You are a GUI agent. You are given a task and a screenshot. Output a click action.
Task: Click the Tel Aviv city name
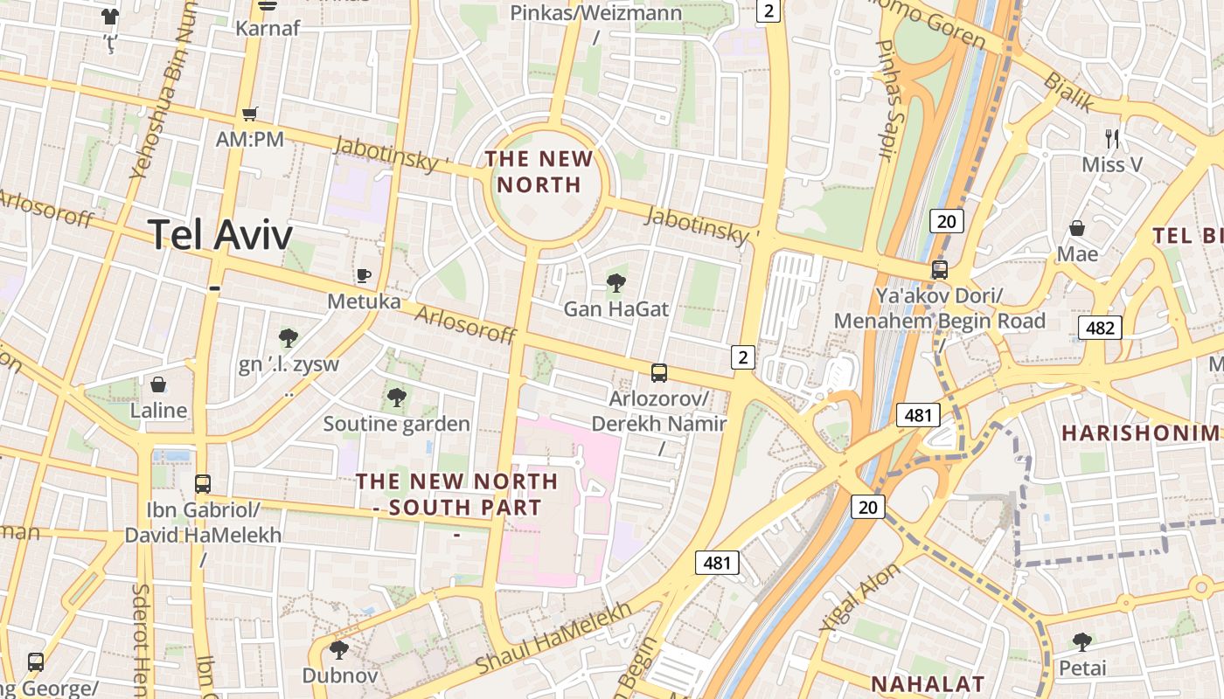click(x=219, y=234)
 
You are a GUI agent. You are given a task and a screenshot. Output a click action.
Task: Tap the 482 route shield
click(x=1100, y=328)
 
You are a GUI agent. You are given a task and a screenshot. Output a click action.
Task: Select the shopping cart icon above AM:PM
click(x=250, y=114)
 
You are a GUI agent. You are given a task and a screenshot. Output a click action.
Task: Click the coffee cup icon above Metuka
click(x=364, y=276)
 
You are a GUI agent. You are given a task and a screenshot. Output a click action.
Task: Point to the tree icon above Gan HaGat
click(x=616, y=282)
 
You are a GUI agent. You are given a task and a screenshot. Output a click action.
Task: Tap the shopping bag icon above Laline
click(x=158, y=384)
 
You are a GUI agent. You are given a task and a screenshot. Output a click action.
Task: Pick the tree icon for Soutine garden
click(x=397, y=398)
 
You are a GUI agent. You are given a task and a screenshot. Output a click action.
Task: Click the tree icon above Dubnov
click(x=339, y=649)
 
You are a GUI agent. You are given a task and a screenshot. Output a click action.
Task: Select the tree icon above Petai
click(x=1082, y=642)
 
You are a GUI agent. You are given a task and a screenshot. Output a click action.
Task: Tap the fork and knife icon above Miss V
click(x=1112, y=138)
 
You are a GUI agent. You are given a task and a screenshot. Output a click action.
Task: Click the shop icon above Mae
click(x=1077, y=228)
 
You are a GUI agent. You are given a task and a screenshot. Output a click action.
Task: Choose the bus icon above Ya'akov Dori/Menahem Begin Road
click(x=940, y=269)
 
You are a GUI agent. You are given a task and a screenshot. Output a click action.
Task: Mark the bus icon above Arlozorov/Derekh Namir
click(x=659, y=373)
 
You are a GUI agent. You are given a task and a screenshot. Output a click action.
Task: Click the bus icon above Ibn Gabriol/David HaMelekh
click(x=203, y=483)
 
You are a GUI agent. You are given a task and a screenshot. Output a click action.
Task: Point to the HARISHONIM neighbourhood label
click(x=1139, y=433)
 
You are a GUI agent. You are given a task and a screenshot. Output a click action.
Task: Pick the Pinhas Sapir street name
click(x=887, y=100)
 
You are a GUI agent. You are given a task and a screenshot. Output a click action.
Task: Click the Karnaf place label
click(x=268, y=28)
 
